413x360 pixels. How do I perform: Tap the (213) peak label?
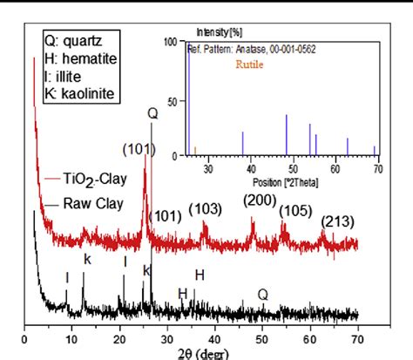pos(337,221)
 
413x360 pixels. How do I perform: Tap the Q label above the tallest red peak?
pos(152,112)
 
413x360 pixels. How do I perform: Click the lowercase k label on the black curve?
pos(86,259)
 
